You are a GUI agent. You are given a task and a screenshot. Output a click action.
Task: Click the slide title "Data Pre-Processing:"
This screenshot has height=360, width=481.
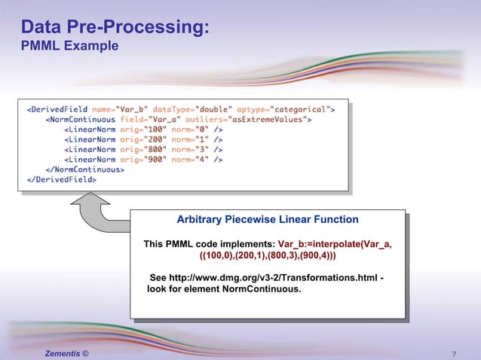click(115, 28)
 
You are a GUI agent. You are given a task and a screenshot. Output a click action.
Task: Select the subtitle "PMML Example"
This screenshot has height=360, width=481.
click(69, 47)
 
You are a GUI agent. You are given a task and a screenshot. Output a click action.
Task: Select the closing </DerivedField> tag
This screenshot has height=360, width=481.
click(62, 179)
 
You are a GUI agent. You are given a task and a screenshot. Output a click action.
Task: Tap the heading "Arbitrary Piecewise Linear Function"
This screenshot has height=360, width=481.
click(267, 220)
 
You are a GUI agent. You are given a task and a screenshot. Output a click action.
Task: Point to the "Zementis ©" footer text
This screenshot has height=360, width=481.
click(66, 352)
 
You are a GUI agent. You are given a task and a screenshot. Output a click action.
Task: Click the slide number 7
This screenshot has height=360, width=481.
click(454, 352)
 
